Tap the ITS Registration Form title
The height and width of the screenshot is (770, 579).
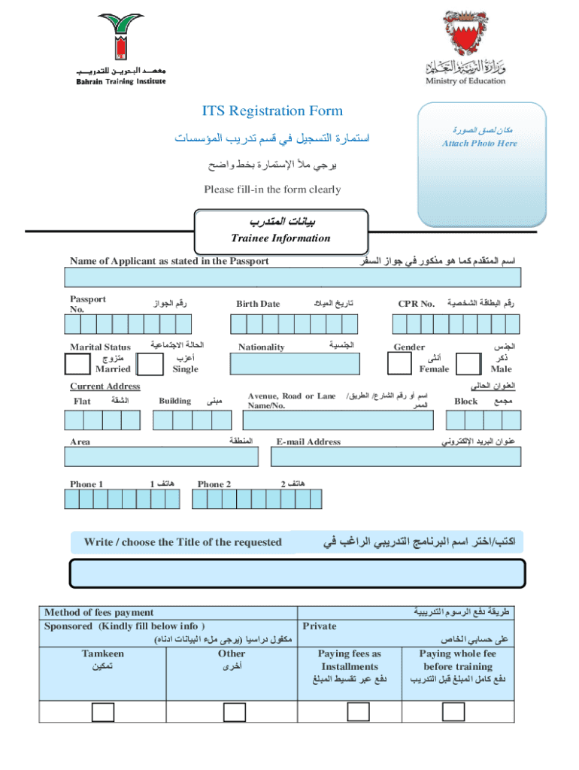272,111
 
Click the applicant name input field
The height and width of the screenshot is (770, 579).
294,280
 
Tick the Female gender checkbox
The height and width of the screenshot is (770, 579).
399,364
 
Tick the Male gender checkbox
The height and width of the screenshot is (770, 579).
469,364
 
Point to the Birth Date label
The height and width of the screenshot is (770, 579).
258,304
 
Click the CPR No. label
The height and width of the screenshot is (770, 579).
417,304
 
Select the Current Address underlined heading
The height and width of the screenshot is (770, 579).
105,387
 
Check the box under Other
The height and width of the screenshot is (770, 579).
231,711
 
